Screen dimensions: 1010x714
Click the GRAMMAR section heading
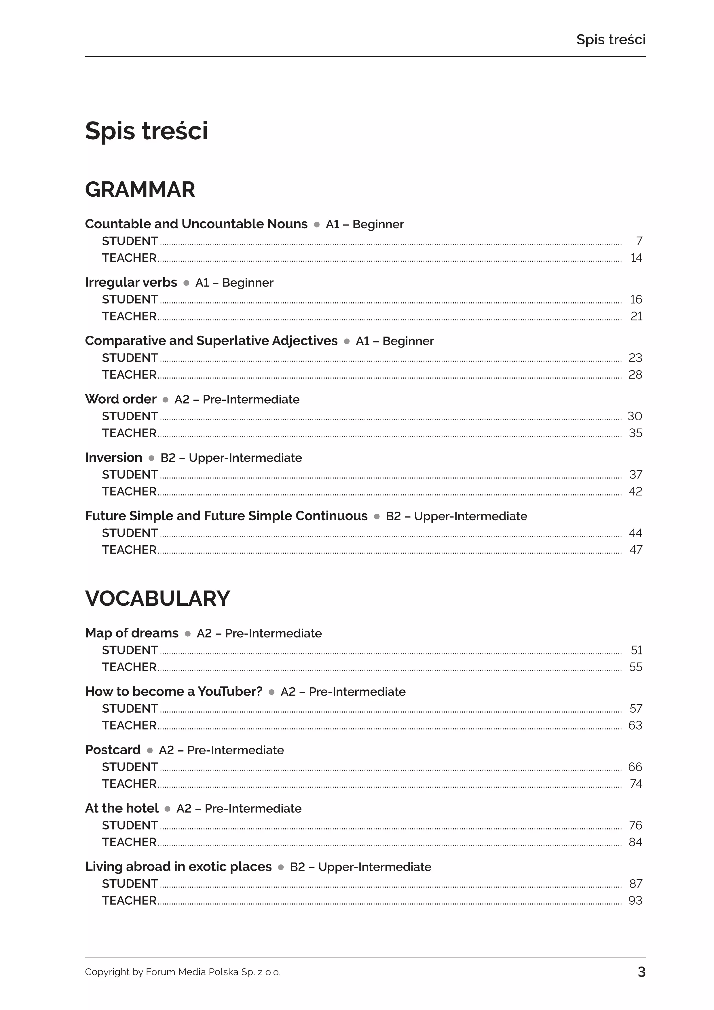[140, 190]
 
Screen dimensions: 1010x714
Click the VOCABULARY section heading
[157, 599]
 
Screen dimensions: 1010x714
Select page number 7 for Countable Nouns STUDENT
[639, 241]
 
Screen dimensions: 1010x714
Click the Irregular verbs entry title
[131, 282]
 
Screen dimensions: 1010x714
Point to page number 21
[636, 316]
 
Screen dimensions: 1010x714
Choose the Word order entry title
[121, 399]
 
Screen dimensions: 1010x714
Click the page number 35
[635, 433]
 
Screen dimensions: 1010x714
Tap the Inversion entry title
[113, 457]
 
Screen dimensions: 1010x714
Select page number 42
[635, 491]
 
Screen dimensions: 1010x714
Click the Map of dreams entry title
[132, 633]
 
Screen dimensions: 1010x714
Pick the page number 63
[635, 725]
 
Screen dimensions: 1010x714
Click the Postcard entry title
[113, 749]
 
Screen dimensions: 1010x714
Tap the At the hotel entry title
[121, 808]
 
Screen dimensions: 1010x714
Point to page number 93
[635, 901]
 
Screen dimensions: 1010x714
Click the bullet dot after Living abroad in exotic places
[281, 867]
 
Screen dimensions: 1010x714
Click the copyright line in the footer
[183, 972]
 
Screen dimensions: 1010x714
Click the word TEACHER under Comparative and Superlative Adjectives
[129, 375]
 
